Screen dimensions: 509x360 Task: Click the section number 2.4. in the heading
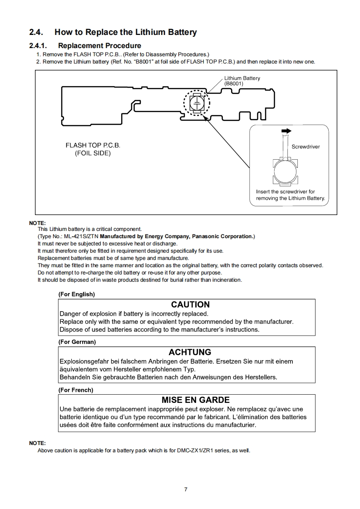coord(36,32)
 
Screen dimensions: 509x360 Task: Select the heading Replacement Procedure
coord(99,45)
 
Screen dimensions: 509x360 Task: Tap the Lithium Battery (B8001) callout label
coord(242,81)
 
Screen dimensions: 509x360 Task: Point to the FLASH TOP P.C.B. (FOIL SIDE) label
coord(93,149)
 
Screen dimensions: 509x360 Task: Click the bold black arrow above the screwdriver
coord(286,131)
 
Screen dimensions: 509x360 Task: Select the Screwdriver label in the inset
coord(306,147)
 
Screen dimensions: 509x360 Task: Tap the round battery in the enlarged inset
coord(283,173)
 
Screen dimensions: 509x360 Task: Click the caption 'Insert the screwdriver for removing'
coord(290,195)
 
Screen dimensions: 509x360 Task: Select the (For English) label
coord(77,294)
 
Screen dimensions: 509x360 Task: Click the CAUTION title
coord(190,304)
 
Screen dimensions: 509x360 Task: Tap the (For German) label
coord(77,342)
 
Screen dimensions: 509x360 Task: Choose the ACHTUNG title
coord(190,352)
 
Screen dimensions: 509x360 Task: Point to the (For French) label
coord(76,390)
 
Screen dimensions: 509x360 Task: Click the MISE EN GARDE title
coord(195,400)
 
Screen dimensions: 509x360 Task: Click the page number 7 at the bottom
coord(186,489)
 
